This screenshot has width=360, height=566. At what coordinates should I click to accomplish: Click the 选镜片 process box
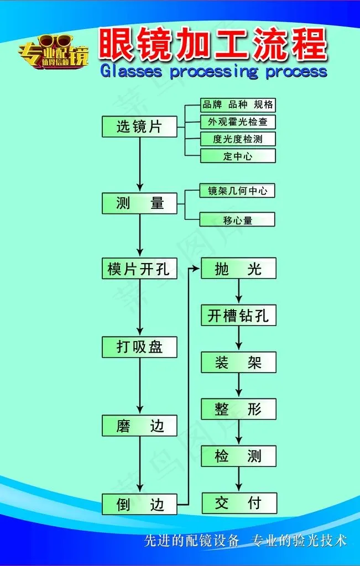pos(139,127)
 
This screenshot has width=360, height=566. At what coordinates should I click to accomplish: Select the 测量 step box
pos(139,203)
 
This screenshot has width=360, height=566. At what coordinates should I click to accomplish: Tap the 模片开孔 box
pos(139,269)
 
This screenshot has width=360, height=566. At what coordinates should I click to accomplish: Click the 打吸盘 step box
pos(139,347)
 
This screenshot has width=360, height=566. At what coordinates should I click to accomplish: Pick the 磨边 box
pos(139,426)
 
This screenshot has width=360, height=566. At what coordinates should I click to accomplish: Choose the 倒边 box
pos(139,504)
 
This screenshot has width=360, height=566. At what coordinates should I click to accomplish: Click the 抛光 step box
pos(238,269)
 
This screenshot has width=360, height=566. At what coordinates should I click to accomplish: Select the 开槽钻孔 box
pos(238,316)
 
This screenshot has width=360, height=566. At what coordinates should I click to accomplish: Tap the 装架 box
pos(238,363)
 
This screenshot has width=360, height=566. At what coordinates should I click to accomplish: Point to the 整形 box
pos(238,410)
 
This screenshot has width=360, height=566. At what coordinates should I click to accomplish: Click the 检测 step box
pos(238,457)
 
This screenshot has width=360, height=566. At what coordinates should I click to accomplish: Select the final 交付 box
pos(238,503)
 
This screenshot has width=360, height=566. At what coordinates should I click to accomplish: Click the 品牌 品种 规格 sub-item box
pos(238,104)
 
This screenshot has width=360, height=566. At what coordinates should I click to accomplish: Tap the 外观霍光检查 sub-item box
pos(238,122)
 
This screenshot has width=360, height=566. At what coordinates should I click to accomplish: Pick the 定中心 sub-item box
pos(238,156)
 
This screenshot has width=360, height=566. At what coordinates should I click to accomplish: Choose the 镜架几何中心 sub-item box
pos(238,191)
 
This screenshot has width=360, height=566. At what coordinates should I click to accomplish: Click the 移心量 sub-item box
pos(238,220)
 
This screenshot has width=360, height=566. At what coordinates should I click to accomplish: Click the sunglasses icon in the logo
pos(56,41)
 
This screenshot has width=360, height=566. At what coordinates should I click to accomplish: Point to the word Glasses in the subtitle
pos(131,71)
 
